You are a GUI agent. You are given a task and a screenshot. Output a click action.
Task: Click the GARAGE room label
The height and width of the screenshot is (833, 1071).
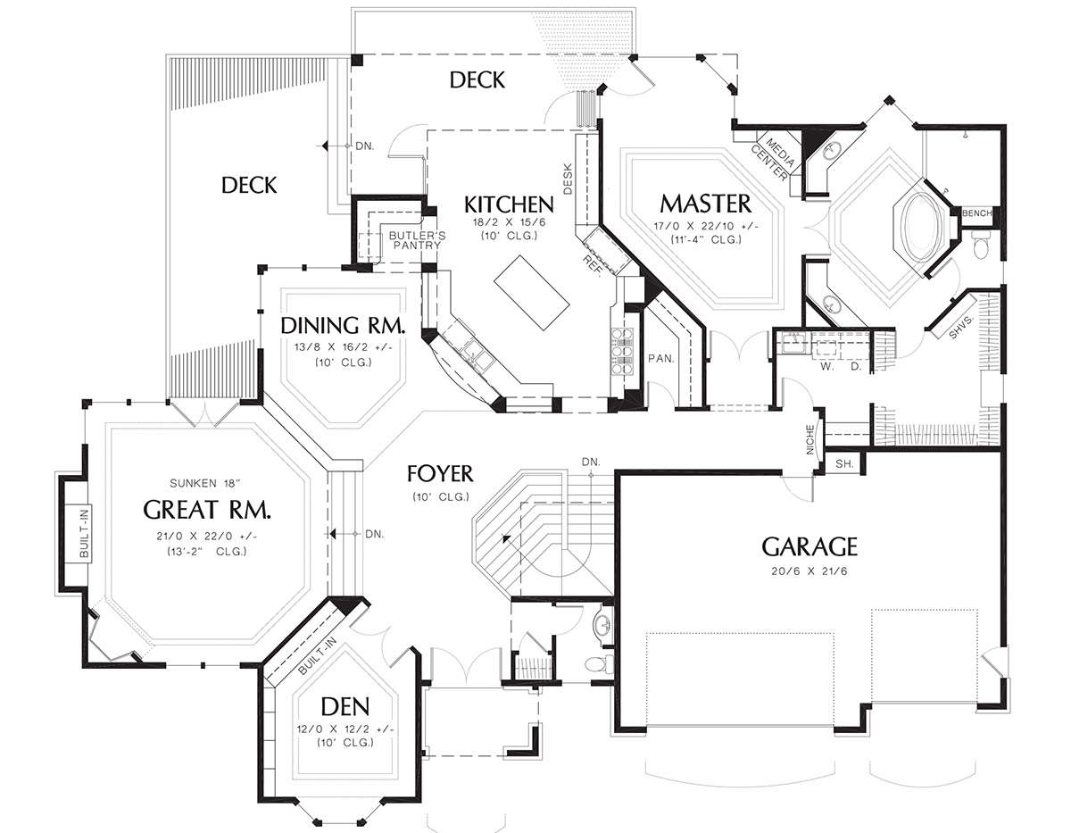click(x=809, y=546)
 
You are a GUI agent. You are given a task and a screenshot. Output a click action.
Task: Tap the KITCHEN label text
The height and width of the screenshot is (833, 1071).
click(x=509, y=204)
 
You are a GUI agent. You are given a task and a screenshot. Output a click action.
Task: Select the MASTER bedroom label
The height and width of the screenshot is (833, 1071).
click(x=706, y=204)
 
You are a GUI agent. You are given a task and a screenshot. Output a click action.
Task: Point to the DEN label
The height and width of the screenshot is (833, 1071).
click(x=345, y=707)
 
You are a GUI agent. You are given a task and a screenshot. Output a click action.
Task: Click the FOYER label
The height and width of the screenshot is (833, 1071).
click(x=440, y=474)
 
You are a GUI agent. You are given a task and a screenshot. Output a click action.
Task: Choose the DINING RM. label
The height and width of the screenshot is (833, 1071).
click(x=343, y=325)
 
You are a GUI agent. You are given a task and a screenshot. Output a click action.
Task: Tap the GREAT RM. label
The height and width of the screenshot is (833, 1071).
click(x=207, y=510)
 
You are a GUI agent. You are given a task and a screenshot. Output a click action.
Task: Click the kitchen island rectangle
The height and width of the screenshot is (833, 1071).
click(x=532, y=293)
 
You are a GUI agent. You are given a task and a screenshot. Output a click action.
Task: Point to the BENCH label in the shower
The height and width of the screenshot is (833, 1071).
click(x=977, y=213)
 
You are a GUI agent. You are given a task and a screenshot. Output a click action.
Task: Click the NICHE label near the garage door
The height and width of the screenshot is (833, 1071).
click(x=810, y=439)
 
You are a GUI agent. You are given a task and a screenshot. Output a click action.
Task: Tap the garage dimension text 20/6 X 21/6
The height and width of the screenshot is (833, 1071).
click(x=809, y=571)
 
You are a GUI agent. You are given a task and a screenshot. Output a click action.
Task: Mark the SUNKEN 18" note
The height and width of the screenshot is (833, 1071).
click(x=205, y=484)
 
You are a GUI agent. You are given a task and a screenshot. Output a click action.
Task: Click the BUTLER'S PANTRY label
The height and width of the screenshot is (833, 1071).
click(x=417, y=240)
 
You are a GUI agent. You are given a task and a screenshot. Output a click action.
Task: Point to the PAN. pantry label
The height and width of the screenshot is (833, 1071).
click(x=661, y=359)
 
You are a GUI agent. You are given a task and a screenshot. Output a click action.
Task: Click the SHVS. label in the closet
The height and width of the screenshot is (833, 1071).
click(x=961, y=328)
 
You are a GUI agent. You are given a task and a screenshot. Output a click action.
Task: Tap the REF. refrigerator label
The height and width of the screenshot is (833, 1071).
click(x=592, y=266)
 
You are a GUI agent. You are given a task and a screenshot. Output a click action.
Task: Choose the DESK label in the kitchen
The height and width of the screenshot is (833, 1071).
click(x=568, y=179)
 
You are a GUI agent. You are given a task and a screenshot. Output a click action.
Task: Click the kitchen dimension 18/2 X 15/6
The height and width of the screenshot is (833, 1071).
click(x=509, y=222)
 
